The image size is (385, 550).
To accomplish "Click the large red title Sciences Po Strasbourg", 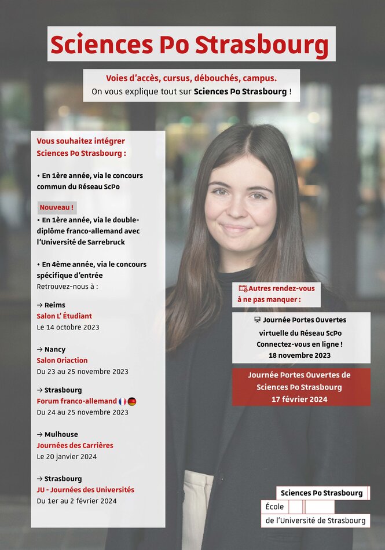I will (189, 45).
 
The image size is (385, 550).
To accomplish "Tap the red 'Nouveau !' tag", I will (57, 207).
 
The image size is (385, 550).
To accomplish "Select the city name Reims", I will (55, 305).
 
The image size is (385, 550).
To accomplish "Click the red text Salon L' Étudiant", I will (64, 316).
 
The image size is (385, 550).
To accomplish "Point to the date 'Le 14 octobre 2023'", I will (68, 327).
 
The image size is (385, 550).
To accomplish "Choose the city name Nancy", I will (55, 350).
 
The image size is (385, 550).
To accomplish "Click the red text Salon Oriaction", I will (62, 361).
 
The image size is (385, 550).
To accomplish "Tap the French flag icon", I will (123, 401).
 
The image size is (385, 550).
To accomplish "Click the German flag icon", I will (132, 401).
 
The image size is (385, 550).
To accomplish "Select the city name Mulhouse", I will (61, 435).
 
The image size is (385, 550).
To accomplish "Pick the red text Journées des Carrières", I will (75, 446).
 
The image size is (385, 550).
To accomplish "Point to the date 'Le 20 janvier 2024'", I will (67, 457).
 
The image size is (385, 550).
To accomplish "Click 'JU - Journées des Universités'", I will (85, 490).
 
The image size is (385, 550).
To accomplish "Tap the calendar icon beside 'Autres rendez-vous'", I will (243, 288).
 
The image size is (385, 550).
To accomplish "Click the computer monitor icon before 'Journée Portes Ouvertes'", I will (257, 320).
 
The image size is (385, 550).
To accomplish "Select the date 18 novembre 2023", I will (299, 355).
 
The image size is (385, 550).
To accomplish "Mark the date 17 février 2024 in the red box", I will (299, 399).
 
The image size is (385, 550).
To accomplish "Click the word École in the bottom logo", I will (274, 507).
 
